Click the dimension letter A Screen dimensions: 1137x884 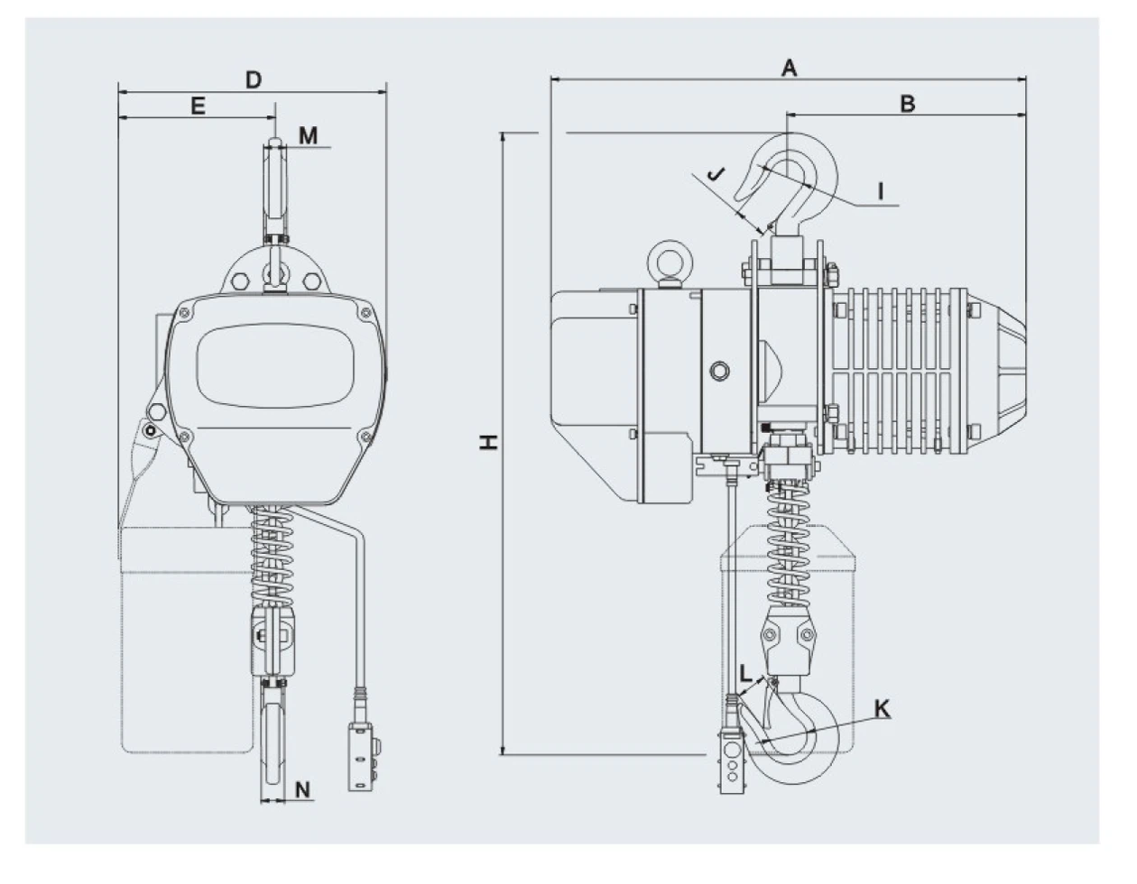tap(789, 68)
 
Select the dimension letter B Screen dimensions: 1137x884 tap(908, 104)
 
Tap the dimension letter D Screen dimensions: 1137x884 tap(254, 80)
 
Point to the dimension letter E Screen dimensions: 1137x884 tap(198, 106)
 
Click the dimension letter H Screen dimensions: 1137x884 tap(489, 442)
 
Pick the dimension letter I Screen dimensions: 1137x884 tap(881, 191)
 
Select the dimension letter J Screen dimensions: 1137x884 tap(716, 174)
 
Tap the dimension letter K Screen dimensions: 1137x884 tap(883, 709)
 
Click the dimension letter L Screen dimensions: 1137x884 tap(745, 674)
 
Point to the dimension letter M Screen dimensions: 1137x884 tap(309, 135)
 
